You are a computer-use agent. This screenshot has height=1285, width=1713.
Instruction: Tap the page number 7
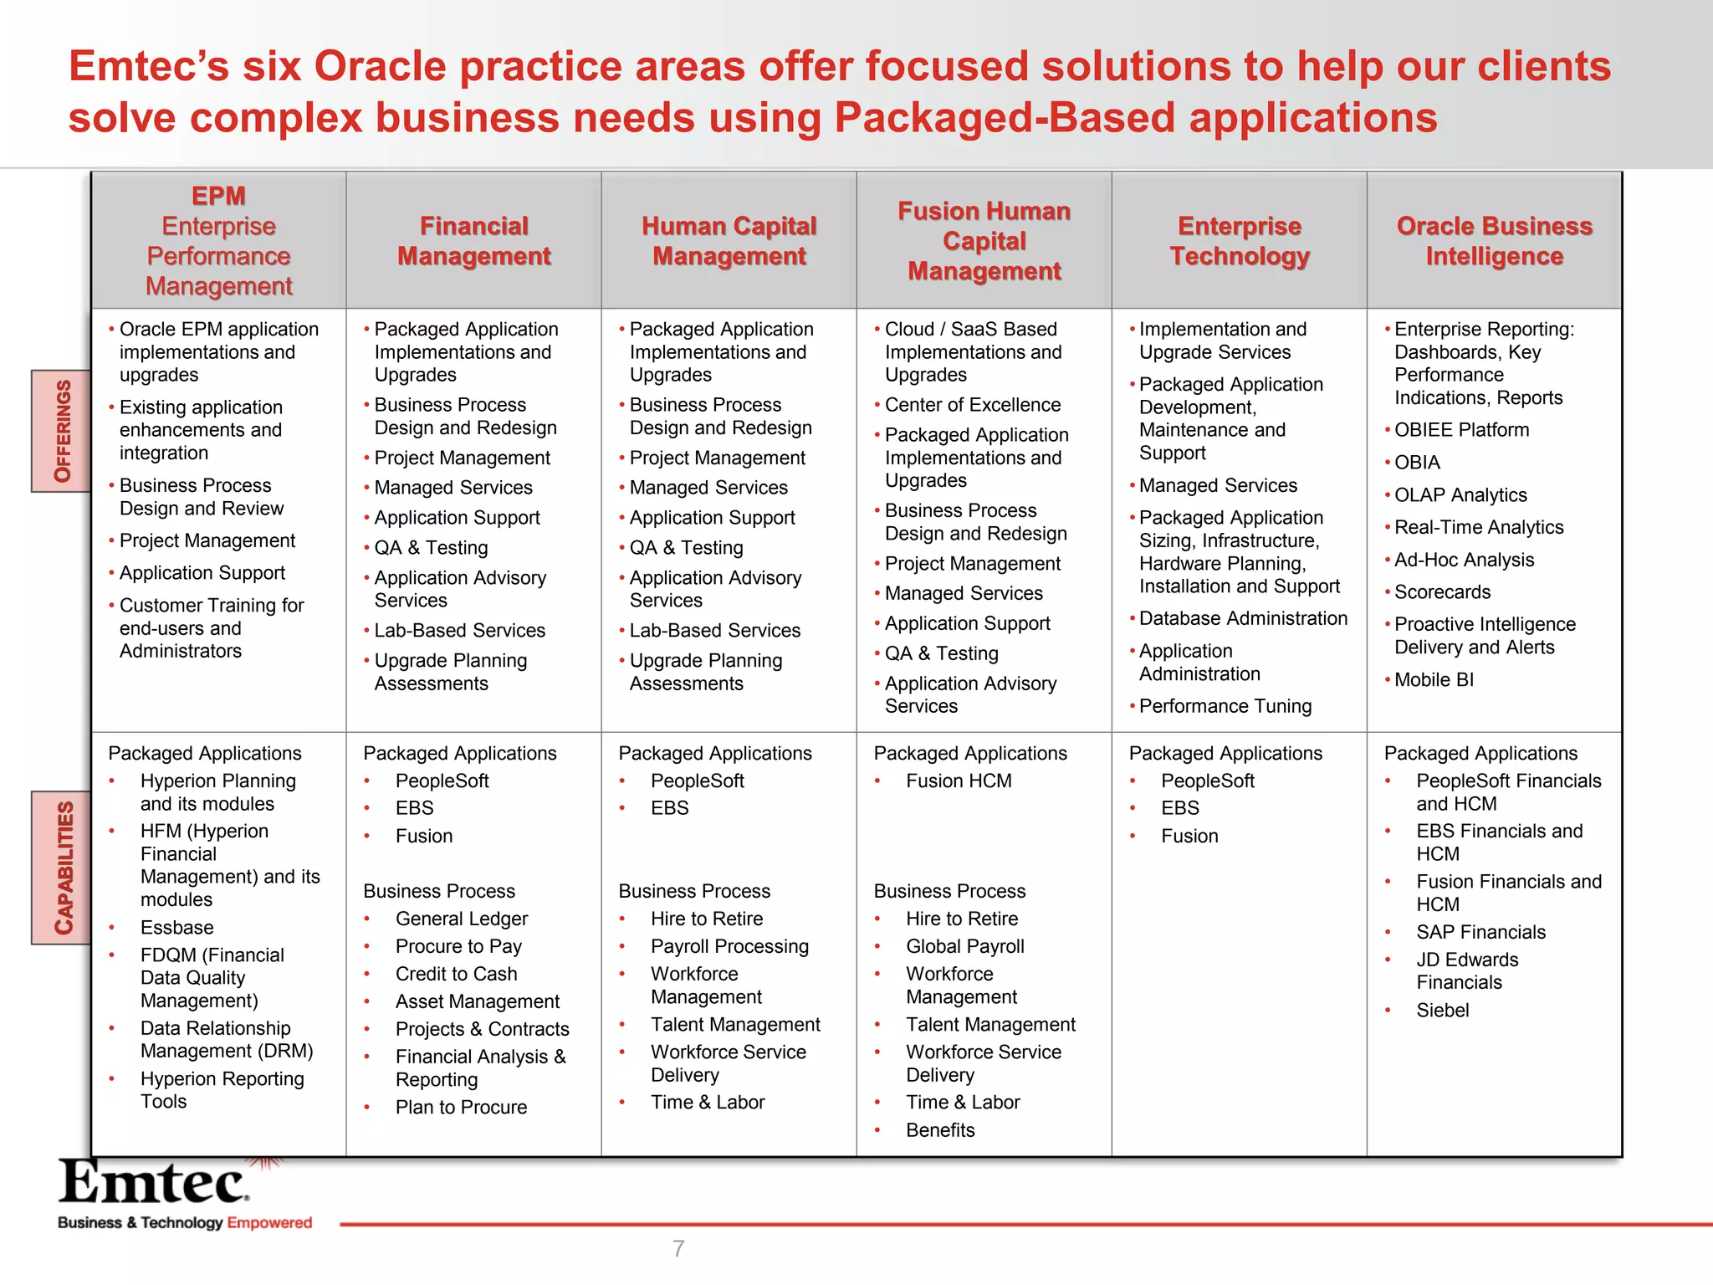click(678, 1248)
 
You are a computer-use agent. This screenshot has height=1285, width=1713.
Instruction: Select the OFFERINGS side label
click(62, 431)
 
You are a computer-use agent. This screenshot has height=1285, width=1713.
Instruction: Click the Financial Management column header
click(473, 241)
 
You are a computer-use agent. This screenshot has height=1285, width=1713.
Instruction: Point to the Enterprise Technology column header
click(1239, 241)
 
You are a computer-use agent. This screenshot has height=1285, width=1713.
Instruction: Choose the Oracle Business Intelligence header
click(1494, 241)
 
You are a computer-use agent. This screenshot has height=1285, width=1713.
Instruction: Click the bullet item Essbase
click(176, 927)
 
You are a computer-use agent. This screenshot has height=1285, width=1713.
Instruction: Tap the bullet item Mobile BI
click(1434, 679)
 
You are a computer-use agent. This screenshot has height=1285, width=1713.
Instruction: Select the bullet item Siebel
click(1442, 1010)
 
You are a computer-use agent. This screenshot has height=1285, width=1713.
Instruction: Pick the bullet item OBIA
click(1417, 462)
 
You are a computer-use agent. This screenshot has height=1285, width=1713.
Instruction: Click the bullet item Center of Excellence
click(972, 405)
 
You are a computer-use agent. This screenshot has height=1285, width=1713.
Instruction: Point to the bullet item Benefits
click(940, 1130)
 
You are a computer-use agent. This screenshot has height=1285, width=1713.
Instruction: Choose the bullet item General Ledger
click(462, 919)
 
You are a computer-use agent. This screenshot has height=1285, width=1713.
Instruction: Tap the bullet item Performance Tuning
click(1225, 706)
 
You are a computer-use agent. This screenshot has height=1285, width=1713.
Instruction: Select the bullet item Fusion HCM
click(959, 781)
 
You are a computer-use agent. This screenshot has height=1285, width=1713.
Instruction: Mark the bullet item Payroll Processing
click(729, 946)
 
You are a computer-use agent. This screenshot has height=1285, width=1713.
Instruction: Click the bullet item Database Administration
click(1243, 618)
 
